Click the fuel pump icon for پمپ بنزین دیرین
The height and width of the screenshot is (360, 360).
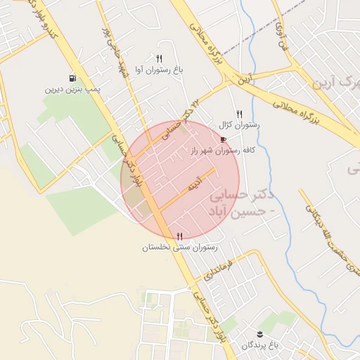(72, 78)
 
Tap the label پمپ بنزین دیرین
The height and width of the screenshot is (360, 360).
(74, 89)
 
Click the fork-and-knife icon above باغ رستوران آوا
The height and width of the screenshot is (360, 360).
(160, 59)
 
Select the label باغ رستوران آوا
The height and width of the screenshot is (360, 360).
(160, 70)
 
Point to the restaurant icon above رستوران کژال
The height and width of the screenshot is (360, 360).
(240, 113)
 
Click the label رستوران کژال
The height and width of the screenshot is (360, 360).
(240, 124)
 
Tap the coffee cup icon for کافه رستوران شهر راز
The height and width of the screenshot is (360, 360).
(224, 139)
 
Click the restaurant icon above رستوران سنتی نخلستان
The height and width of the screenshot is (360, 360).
(180, 236)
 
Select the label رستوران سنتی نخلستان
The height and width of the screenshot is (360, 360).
(180, 247)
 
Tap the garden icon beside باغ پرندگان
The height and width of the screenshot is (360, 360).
(260, 333)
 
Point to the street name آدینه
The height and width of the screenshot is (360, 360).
(195, 184)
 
